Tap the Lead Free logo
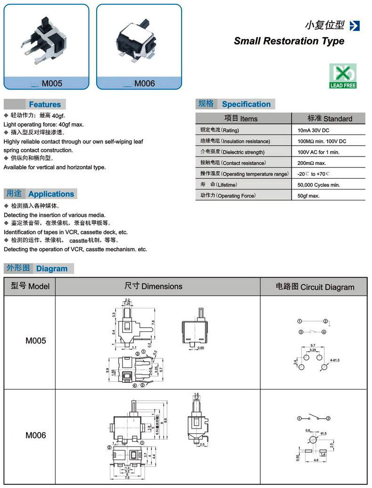pos(343,76)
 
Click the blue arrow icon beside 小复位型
pos(355,25)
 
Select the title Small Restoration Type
pos(289,41)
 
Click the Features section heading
pos(45,104)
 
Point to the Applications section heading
pos(51,194)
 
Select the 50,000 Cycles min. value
pos(319,185)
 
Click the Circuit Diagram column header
pos(314,287)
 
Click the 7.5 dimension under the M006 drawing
pos(127,478)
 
